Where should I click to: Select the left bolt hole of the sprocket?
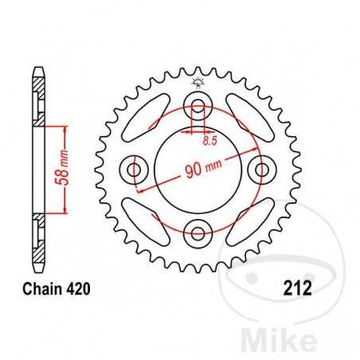(133, 169)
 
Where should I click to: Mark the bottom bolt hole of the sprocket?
(196, 232)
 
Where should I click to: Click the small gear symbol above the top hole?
(196, 82)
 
